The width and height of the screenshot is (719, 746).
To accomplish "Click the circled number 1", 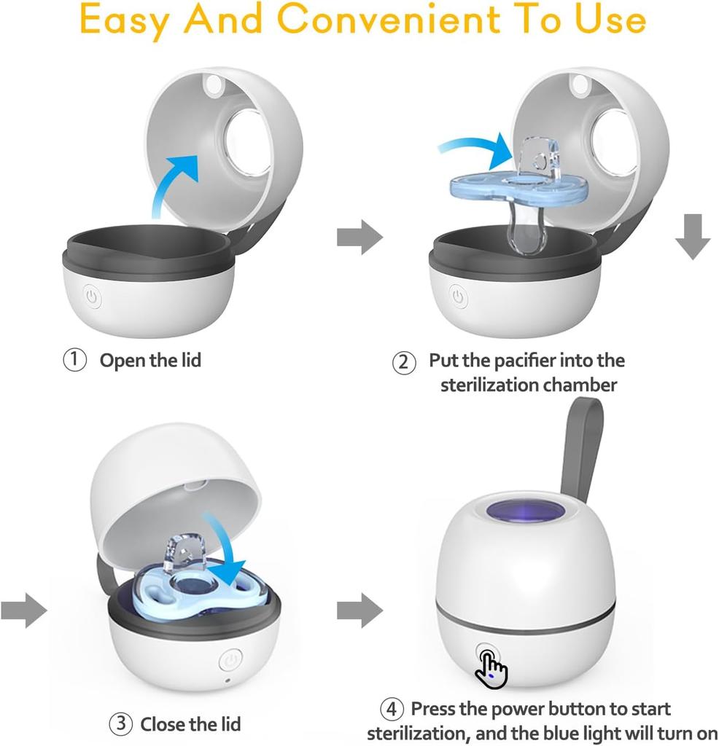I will [x=74, y=360].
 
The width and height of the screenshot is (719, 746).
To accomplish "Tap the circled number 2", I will [x=404, y=362].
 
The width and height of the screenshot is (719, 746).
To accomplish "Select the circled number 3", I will [x=120, y=724].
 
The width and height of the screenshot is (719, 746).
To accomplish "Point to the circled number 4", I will [x=392, y=709].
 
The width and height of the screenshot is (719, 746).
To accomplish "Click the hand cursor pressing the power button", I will [x=491, y=667].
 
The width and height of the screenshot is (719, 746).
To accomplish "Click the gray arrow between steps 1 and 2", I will [x=359, y=237].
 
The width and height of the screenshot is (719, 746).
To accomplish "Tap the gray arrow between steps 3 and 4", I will [x=359, y=610].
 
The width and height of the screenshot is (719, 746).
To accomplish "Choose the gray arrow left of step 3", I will [x=24, y=610].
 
